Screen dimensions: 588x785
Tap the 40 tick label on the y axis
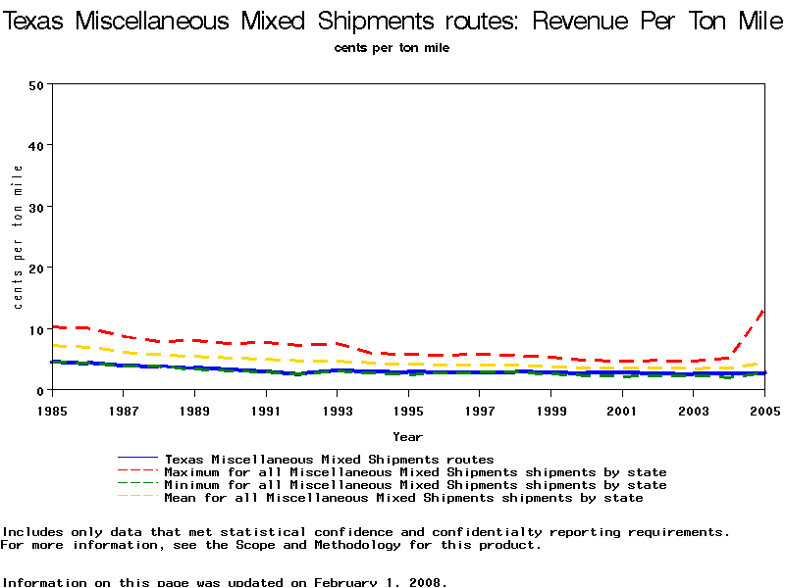(x=36, y=146)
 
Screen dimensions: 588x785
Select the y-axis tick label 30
(x=36, y=207)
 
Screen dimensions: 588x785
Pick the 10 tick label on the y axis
(x=36, y=329)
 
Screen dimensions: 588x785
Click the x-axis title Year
(x=407, y=436)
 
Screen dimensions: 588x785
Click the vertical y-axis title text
(x=19, y=237)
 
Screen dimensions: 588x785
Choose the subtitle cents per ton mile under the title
(x=392, y=48)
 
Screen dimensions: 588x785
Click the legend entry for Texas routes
(x=329, y=459)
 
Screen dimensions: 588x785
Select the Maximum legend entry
(x=415, y=472)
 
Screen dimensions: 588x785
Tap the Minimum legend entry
(x=415, y=485)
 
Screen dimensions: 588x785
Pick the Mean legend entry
(x=403, y=498)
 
